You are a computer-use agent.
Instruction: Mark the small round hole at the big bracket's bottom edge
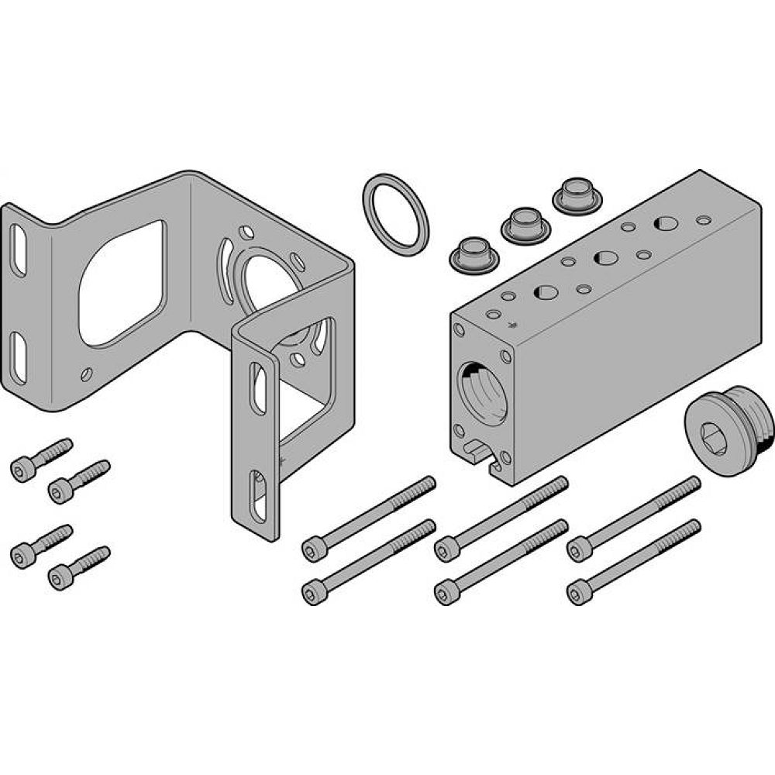(x=87, y=374)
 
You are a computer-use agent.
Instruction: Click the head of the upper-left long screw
(x=312, y=549)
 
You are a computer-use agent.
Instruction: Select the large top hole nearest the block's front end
(x=545, y=293)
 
